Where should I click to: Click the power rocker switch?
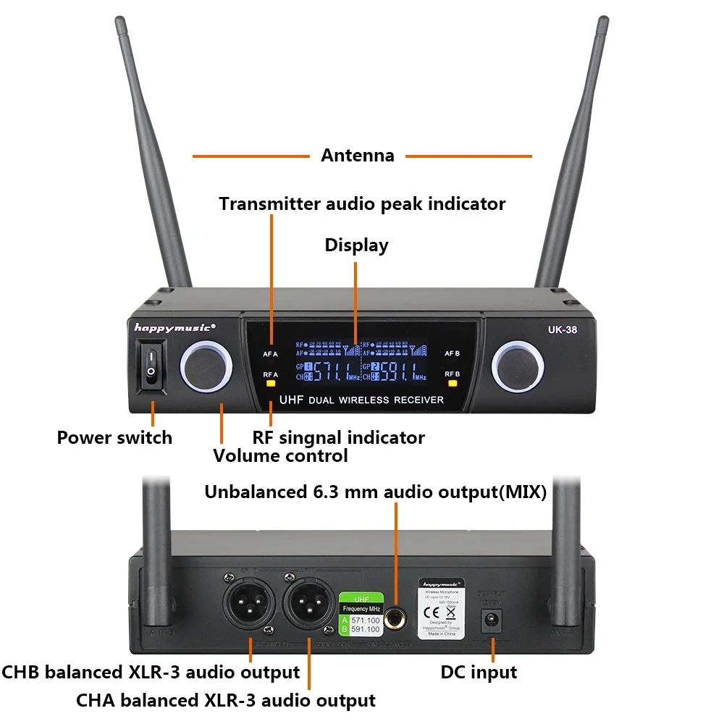click(x=151, y=366)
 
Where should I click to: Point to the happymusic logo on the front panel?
click(x=174, y=327)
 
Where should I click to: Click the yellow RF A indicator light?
click(x=271, y=384)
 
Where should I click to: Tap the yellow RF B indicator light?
click(x=452, y=384)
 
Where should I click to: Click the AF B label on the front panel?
click(x=452, y=354)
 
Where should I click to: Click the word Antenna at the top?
click(x=358, y=156)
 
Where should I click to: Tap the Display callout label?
click(x=356, y=245)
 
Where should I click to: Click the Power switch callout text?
click(x=114, y=437)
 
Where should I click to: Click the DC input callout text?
click(x=479, y=672)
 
